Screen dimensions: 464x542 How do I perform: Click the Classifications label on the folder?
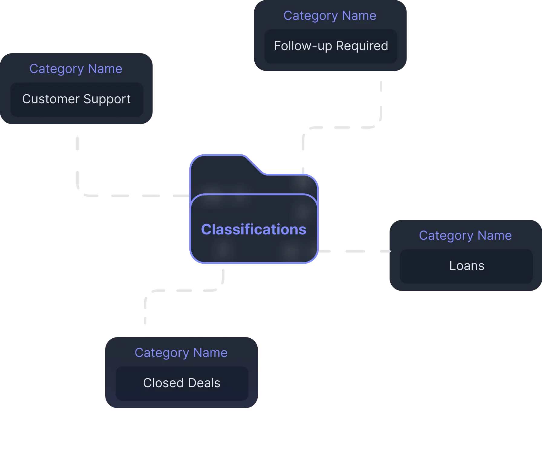pyautogui.click(x=253, y=229)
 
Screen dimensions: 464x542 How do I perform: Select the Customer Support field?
pyautogui.click(x=77, y=99)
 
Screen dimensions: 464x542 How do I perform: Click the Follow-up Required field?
pyautogui.click(x=331, y=46)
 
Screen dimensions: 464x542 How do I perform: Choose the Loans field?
pyautogui.click(x=466, y=266)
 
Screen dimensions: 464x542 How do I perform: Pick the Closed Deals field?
pyautogui.click(x=181, y=383)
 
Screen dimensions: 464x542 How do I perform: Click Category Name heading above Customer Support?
pyautogui.click(x=76, y=69)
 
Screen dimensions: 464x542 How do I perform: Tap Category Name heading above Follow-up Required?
pyautogui.click(x=330, y=16)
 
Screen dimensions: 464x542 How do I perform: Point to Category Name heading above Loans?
pyautogui.click(x=465, y=236)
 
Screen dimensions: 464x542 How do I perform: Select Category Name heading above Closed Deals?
pyautogui.click(x=181, y=353)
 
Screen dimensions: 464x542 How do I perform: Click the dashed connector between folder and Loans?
pyautogui.click(x=354, y=251)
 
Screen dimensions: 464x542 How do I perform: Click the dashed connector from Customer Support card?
pyautogui.click(x=121, y=196)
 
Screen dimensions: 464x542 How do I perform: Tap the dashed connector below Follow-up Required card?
pyautogui.click(x=342, y=128)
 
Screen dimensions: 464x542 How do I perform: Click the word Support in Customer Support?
pyautogui.click(x=107, y=99)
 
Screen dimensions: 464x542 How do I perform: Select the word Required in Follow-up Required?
pyautogui.click(x=362, y=46)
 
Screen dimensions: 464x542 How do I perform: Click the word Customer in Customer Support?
pyautogui.click(x=51, y=99)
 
